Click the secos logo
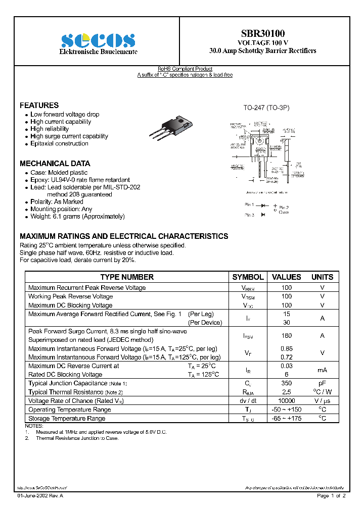(98, 40)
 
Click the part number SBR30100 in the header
(262, 33)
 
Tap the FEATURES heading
(39, 105)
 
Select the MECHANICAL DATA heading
(55, 164)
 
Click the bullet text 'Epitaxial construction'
(59, 143)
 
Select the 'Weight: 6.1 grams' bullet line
(77, 216)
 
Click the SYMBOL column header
(248, 277)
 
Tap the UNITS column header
(322, 277)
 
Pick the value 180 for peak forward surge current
(286, 336)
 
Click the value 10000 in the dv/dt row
(286, 400)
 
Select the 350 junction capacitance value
(286, 383)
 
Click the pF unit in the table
(322, 383)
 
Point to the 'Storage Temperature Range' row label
(67, 418)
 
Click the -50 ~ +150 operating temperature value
(286, 410)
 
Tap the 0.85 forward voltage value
(286, 348)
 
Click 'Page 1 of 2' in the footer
(331, 496)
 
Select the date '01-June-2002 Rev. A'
(40, 496)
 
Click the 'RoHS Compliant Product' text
(185, 69)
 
